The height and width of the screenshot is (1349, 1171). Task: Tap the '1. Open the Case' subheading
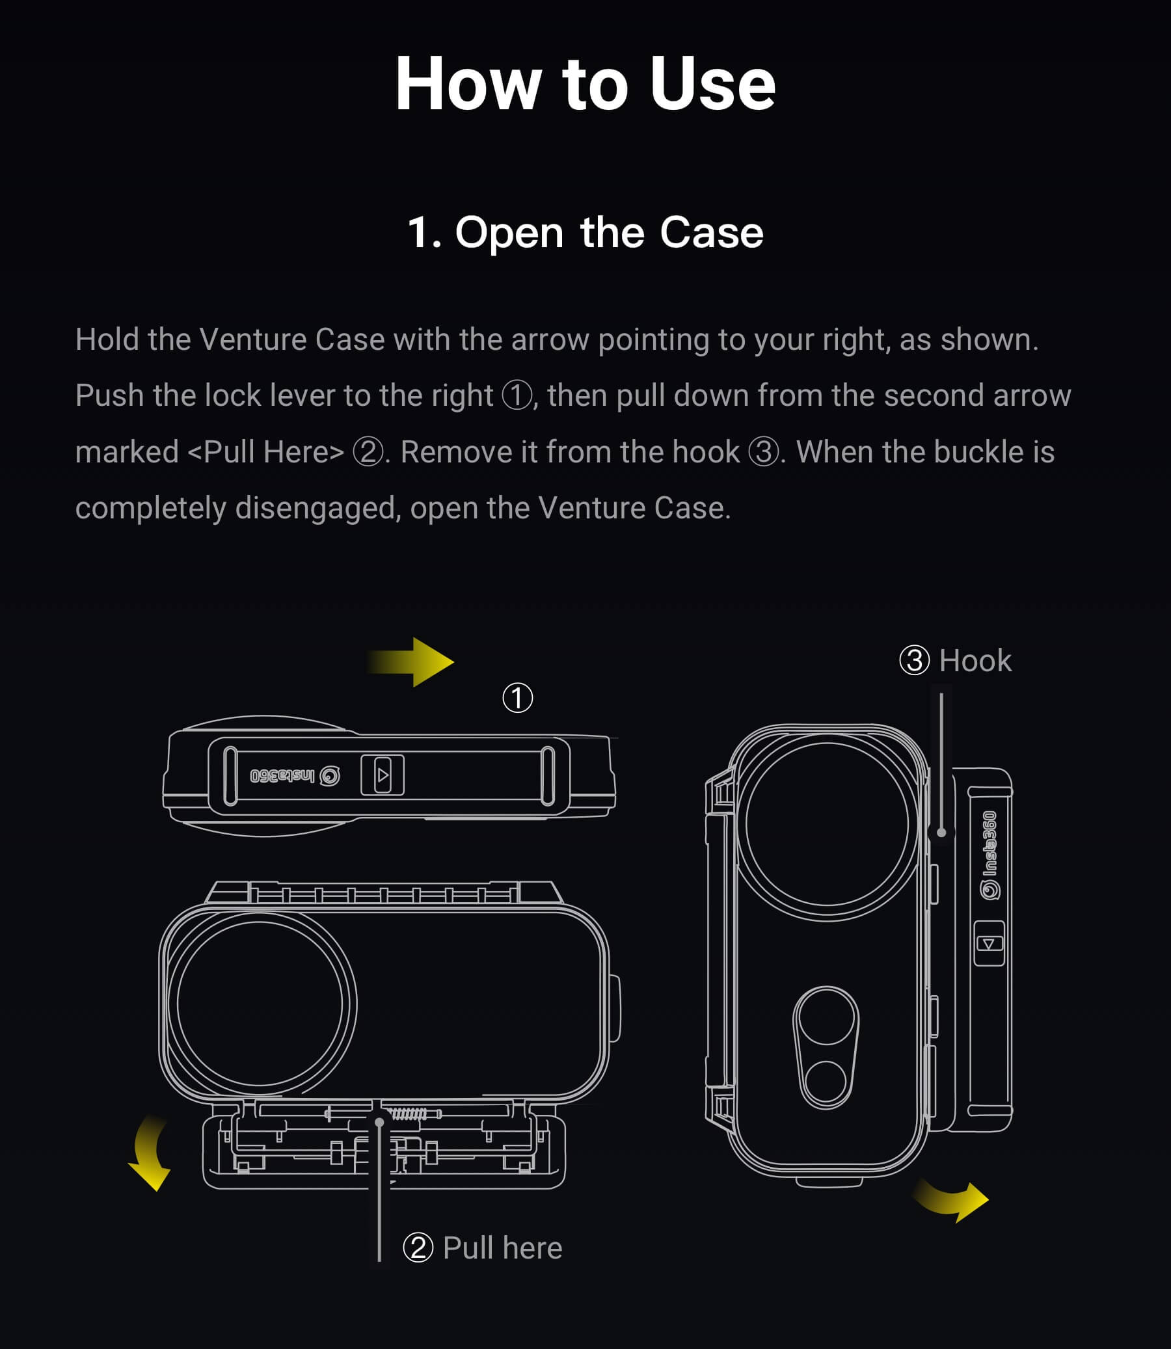[x=585, y=232]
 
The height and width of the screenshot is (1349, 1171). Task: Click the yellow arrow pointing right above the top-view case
[x=411, y=661]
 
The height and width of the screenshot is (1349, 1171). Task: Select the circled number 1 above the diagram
[x=518, y=698]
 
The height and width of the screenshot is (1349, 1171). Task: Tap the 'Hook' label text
[x=975, y=660]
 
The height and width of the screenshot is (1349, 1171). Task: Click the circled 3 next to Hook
[x=914, y=660]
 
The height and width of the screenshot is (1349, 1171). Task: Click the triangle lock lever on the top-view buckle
[x=383, y=775]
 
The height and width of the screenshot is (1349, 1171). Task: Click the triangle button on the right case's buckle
[x=989, y=943]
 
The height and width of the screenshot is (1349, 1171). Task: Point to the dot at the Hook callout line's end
[x=941, y=833]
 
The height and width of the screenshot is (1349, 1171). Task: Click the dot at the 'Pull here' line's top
[x=379, y=1122]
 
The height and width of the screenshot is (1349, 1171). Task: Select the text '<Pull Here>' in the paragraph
[x=266, y=452]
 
